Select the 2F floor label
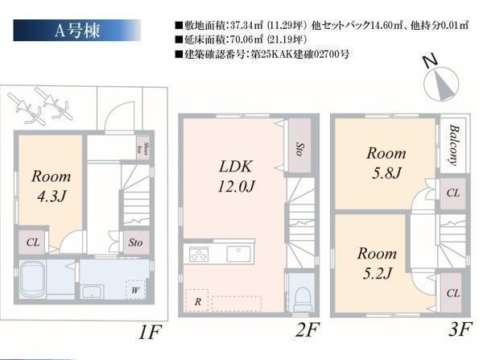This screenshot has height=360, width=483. (308, 330)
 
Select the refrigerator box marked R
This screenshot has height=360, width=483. (196, 300)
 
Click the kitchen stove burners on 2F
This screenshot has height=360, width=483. (199, 255)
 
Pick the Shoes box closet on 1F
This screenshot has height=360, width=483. (140, 148)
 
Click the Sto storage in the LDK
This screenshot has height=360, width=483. (298, 148)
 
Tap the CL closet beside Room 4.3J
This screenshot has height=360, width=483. (32, 241)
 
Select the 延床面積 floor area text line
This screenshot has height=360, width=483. (242, 40)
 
